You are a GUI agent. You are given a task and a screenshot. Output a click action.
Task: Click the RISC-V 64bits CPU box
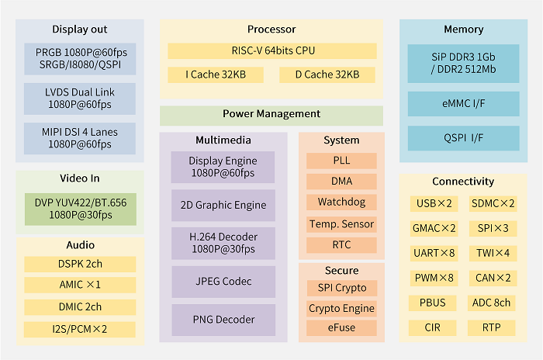[271, 51]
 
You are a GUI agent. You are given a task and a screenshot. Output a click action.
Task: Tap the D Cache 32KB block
[327, 75]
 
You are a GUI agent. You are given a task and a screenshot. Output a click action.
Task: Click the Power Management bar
[271, 114]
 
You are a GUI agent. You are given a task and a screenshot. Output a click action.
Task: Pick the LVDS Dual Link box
[79, 99]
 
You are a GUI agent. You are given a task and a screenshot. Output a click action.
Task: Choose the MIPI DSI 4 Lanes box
[79, 138]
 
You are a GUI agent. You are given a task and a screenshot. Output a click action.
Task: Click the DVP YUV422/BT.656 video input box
[80, 209]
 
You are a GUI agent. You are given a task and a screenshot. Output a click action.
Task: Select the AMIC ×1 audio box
[80, 285]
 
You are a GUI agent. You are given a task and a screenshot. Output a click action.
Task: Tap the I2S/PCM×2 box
[80, 328]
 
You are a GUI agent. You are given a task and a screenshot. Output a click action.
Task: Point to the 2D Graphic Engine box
[223, 206]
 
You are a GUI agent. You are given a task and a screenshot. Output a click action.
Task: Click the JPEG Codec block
[223, 281]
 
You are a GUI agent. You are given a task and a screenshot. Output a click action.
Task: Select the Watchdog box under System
[341, 202]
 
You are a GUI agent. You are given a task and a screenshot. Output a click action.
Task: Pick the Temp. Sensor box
[341, 224]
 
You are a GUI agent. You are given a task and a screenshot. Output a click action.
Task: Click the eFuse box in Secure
[341, 327]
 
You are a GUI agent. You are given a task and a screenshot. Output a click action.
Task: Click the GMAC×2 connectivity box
[434, 229]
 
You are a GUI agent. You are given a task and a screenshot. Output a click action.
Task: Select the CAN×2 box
[492, 278]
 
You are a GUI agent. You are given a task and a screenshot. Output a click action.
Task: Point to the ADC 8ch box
[492, 303]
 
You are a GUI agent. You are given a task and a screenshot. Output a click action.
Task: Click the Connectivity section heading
[463, 182]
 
